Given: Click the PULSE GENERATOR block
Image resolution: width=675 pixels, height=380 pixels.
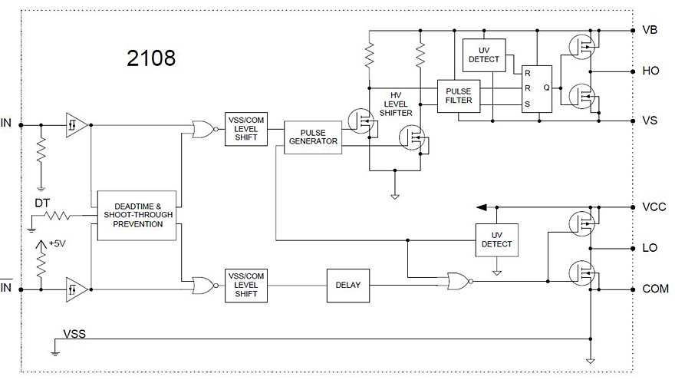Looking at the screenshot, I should [x=312, y=137].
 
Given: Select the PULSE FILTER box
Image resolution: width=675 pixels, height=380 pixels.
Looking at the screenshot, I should [x=458, y=97].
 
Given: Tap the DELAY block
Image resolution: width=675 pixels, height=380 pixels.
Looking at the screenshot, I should [x=348, y=285].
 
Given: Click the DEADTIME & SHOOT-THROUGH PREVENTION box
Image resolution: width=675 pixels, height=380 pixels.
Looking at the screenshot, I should [x=138, y=216].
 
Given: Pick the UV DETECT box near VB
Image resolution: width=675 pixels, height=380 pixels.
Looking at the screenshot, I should [x=484, y=55].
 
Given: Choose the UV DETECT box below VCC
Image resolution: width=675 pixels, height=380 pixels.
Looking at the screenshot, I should [x=496, y=240].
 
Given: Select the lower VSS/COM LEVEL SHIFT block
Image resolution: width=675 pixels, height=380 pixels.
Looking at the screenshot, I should [x=246, y=285].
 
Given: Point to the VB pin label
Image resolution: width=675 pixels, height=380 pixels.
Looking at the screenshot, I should [x=650, y=31].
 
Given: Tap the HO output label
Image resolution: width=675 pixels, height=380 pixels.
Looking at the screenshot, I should [x=650, y=71].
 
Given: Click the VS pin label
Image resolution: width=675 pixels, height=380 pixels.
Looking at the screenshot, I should [x=650, y=121].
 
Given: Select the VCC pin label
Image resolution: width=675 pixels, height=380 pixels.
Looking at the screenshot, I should [x=653, y=207].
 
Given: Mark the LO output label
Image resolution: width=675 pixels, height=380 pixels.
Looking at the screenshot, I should [x=650, y=249].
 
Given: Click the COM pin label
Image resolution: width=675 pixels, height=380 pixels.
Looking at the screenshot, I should [x=654, y=289].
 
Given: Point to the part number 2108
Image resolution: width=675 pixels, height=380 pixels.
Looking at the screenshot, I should [x=151, y=58].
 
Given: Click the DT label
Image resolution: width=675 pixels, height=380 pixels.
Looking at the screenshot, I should [x=43, y=203].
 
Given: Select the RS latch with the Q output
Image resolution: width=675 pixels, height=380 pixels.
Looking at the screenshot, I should [x=536, y=88].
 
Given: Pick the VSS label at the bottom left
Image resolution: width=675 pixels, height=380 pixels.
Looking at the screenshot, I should [x=74, y=334].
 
